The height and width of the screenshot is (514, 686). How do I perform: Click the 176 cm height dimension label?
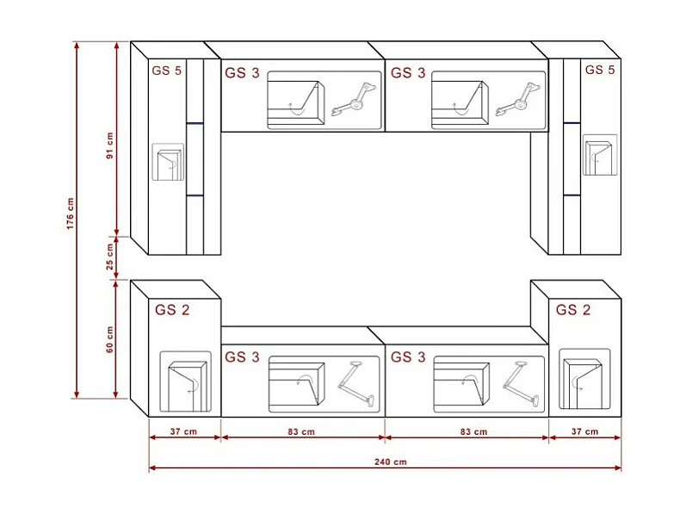(71, 214)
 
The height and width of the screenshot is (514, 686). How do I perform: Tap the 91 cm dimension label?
(109, 146)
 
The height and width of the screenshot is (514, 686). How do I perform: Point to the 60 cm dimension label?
(109, 339)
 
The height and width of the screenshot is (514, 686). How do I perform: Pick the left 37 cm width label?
(184, 431)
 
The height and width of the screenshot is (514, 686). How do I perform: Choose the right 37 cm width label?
(584, 431)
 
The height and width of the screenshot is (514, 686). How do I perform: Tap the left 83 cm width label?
(300, 431)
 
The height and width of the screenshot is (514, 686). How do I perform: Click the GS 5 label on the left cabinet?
(166, 71)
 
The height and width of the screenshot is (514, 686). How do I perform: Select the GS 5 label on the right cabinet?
(599, 70)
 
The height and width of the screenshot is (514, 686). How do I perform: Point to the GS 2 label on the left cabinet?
(172, 310)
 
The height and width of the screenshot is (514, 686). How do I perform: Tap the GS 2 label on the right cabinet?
(573, 310)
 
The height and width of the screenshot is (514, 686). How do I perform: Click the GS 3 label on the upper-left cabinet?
(242, 73)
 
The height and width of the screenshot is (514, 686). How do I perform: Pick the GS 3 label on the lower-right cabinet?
(408, 356)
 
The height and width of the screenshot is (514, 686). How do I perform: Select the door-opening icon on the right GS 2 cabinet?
(584, 378)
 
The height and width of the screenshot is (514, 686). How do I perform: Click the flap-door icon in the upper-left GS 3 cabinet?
(294, 102)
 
